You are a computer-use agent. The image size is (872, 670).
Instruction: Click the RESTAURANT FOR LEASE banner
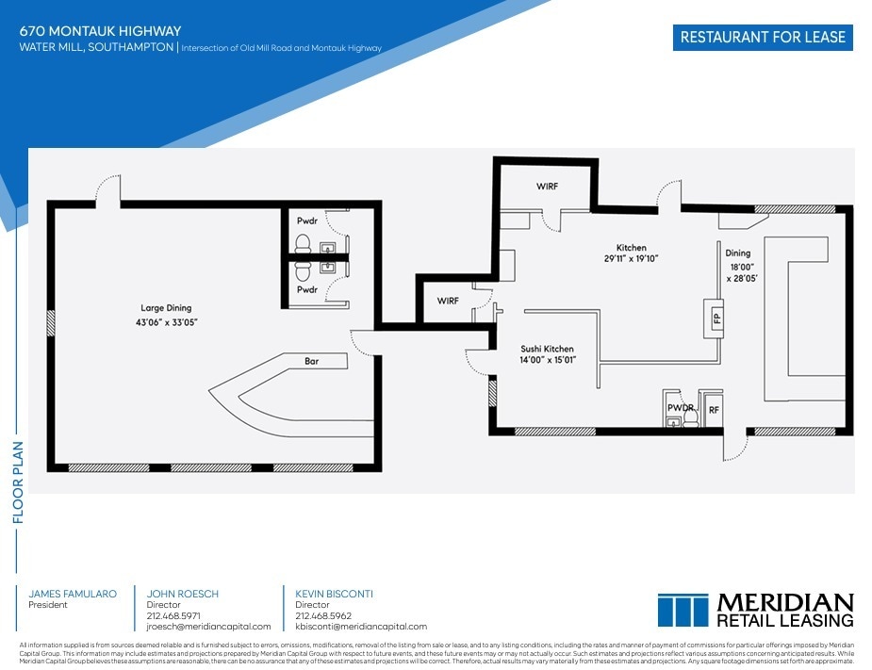(763, 38)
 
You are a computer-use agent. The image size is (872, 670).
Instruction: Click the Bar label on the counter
(311, 361)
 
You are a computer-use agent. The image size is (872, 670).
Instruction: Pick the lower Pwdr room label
(306, 290)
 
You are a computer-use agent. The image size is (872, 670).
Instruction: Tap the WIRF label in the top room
(547, 187)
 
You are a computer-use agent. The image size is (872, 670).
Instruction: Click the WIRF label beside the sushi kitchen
(449, 301)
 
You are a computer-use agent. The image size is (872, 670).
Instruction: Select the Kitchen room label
(631, 248)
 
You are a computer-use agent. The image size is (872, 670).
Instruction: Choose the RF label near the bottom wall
(715, 410)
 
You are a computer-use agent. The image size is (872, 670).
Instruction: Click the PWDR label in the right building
(679, 409)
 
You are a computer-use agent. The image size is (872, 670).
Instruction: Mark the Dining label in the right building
(737, 253)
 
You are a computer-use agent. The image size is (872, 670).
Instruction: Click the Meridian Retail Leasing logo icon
(683, 611)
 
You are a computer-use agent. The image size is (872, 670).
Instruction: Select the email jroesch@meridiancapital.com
(208, 627)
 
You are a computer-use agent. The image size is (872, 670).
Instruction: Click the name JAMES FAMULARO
(73, 594)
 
